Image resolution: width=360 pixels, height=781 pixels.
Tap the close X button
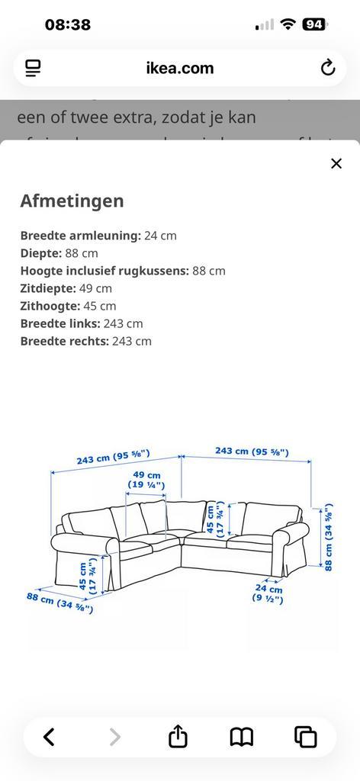(336, 163)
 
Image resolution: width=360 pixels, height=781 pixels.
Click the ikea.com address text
(180, 68)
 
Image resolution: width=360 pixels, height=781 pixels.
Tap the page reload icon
(328, 68)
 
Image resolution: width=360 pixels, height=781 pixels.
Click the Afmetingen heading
(72, 201)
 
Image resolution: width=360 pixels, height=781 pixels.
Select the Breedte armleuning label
(80, 236)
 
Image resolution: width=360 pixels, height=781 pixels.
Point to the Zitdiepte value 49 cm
(95, 288)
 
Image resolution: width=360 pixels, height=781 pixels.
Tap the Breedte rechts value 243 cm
(131, 341)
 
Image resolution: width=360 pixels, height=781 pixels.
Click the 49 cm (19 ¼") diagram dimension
(146, 480)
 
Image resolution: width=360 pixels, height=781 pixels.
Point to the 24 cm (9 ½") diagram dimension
(268, 594)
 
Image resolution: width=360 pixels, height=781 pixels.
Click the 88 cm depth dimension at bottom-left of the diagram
(59, 603)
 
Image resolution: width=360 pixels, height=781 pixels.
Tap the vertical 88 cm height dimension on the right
(329, 536)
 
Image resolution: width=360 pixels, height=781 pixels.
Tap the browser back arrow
(49, 737)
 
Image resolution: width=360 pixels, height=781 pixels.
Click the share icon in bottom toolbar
(178, 737)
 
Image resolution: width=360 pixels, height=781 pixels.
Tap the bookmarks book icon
(242, 737)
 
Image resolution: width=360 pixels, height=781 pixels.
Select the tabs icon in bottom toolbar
(306, 737)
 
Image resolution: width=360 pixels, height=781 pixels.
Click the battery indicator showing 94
(314, 24)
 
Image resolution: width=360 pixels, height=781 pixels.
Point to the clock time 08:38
(68, 24)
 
